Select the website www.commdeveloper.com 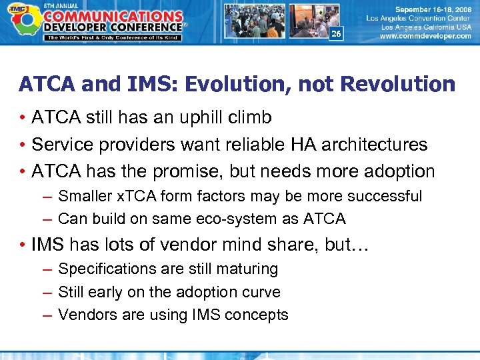click(425, 37)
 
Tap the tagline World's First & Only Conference click(113, 37)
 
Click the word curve click(263, 292)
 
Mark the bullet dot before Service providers click(23, 145)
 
